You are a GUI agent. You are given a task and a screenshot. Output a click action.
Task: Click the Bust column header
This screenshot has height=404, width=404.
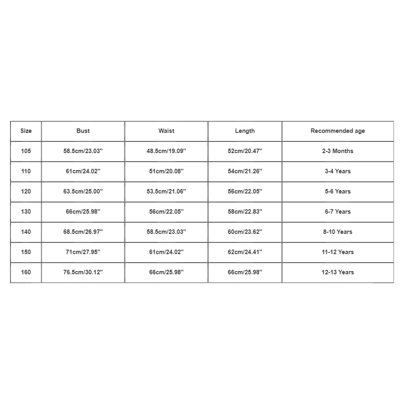pyautogui.click(x=83, y=131)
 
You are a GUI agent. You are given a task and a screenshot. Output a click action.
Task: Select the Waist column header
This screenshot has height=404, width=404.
pyautogui.click(x=166, y=131)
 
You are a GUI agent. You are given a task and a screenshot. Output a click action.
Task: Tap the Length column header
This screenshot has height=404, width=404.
pyautogui.click(x=245, y=131)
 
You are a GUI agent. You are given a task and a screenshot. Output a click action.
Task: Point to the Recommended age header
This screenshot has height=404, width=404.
pyautogui.click(x=337, y=131)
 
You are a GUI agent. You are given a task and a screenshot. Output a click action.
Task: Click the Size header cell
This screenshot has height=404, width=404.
pyautogui.click(x=26, y=131)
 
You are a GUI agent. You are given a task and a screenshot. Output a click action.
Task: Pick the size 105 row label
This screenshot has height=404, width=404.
pyautogui.click(x=26, y=151)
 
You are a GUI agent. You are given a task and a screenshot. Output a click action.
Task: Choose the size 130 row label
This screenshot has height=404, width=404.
pyautogui.click(x=26, y=212)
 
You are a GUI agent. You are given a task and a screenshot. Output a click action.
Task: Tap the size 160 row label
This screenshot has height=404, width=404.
pyautogui.click(x=26, y=272)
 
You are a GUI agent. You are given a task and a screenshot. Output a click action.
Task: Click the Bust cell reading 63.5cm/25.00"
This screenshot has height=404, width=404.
pyautogui.click(x=83, y=191)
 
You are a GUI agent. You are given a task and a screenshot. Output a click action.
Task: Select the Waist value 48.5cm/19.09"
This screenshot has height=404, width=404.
pyautogui.click(x=166, y=151)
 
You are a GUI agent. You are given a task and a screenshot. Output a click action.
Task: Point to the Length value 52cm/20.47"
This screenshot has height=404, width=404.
pyautogui.click(x=245, y=151)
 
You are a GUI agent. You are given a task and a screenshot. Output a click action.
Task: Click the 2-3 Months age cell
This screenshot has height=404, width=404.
pyautogui.click(x=337, y=151)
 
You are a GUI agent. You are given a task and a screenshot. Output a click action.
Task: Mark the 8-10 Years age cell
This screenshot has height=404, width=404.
pyautogui.click(x=337, y=232)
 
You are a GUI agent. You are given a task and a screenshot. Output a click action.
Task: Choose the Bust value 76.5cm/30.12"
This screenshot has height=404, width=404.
pyautogui.click(x=83, y=272)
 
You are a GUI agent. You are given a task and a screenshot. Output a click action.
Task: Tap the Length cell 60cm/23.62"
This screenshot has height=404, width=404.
pyautogui.click(x=245, y=232)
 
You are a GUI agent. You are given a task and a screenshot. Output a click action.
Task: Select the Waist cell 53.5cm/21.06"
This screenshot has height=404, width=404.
pyautogui.click(x=166, y=191)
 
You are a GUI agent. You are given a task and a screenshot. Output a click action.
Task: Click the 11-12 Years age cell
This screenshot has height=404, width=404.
pyautogui.click(x=337, y=252)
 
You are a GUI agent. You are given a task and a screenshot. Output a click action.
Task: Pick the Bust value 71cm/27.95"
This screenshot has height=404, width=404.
pyautogui.click(x=83, y=252)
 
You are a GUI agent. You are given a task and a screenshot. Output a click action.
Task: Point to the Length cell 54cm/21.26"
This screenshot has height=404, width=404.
pyautogui.click(x=245, y=171)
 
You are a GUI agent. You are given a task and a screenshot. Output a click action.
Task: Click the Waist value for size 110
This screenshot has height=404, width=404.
pyautogui.click(x=166, y=171)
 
